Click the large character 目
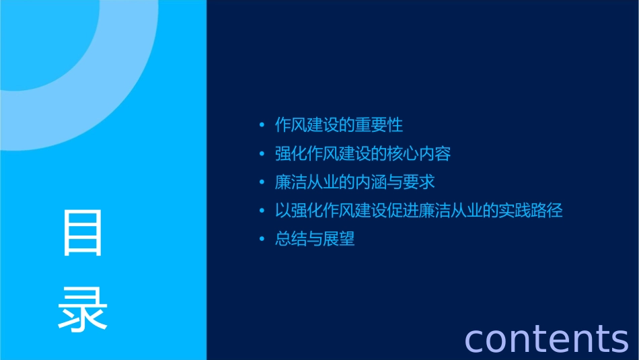pyautogui.click(x=83, y=232)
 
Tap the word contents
pyautogui.click(x=546, y=338)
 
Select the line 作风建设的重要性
pyautogui.click(x=339, y=125)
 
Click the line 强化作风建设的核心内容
pyautogui.click(x=363, y=153)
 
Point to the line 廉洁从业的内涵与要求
pyautogui.click(x=355, y=182)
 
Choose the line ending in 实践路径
pyautogui.click(x=418, y=211)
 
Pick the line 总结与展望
pyautogui.click(x=315, y=239)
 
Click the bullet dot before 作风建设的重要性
pyautogui.click(x=262, y=126)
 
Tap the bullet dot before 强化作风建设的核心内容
pyautogui.click(x=262, y=154)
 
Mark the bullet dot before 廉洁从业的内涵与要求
pyautogui.click(x=262, y=183)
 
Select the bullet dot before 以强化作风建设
pyautogui.click(x=262, y=211)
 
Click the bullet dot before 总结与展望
pyautogui.click(x=262, y=240)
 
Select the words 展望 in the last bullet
pyautogui.click(x=339, y=239)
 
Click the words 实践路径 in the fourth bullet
pyautogui.click(x=531, y=211)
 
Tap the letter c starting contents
pyautogui.click(x=476, y=340)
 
